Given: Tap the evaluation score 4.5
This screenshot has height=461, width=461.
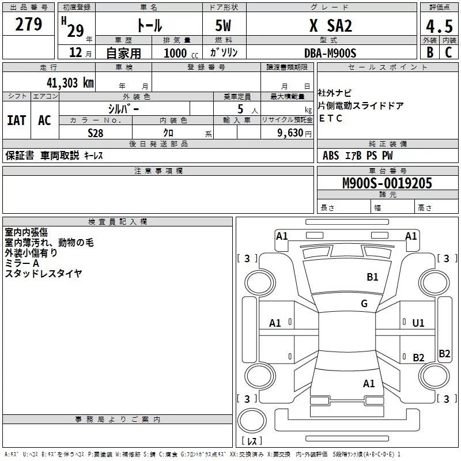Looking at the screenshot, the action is [x=438, y=26].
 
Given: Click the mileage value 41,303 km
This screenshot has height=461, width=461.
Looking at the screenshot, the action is [x=66, y=82].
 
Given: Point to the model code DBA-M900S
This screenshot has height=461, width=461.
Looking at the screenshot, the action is [x=330, y=53].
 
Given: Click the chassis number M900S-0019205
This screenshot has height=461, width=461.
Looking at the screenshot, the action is [x=387, y=183].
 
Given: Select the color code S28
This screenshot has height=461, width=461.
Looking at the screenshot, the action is [x=95, y=132].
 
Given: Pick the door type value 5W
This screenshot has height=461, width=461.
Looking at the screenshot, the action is [x=224, y=26].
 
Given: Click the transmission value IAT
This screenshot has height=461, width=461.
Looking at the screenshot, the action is [x=16, y=120].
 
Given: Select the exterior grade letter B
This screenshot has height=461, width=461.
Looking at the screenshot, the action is [x=429, y=52].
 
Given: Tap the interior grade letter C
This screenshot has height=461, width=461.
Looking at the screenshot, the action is [x=448, y=52].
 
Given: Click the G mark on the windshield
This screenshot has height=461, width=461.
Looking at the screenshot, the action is [x=364, y=304].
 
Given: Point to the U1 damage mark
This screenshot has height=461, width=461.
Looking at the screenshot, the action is [x=418, y=323].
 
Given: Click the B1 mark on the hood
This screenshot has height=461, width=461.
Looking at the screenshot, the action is [x=373, y=277].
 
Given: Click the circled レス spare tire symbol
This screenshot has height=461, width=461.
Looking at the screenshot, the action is [x=252, y=441].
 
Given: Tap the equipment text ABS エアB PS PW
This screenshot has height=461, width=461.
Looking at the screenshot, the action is [x=357, y=156].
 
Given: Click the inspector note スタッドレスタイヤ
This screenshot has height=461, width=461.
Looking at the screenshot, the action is [x=44, y=274].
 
